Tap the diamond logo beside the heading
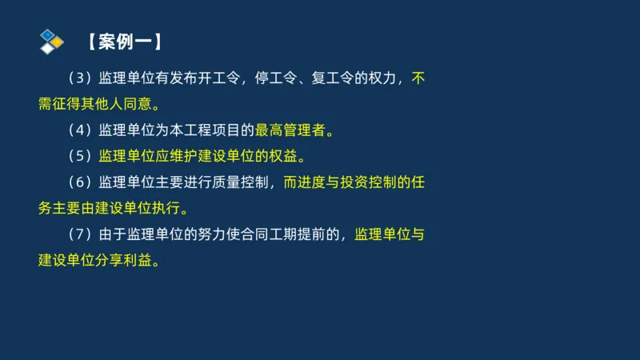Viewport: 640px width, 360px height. click(51, 41)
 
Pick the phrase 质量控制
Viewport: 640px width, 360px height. click(252, 182)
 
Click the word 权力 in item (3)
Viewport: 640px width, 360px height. click(390, 78)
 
